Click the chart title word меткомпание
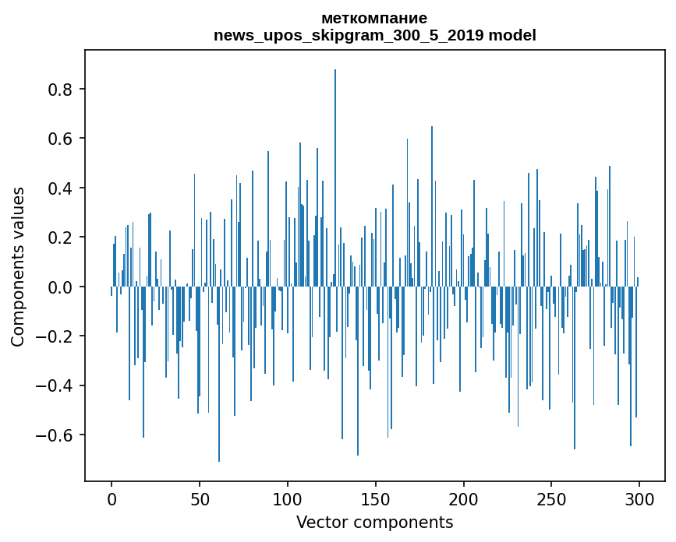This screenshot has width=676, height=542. [x=374, y=19]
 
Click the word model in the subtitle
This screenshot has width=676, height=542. [x=512, y=35]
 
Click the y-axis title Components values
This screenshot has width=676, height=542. [x=18, y=266]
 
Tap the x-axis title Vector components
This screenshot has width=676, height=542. [x=374, y=522]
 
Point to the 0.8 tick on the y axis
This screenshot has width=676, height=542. [x=61, y=90]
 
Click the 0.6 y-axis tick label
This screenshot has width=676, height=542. [x=61, y=139]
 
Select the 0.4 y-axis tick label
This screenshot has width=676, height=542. [x=61, y=188]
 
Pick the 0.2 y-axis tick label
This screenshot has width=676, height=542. [x=61, y=238]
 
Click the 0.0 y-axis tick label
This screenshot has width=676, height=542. [x=61, y=287]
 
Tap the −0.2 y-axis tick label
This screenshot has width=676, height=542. [x=55, y=336]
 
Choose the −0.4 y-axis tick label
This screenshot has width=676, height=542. [x=55, y=385]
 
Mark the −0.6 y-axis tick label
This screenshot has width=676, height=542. [x=55, y=435]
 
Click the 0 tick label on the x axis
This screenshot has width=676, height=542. [x=111, y=498]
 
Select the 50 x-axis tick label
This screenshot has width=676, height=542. [x=200, y=498]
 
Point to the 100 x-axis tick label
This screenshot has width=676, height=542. [x=288, y=498]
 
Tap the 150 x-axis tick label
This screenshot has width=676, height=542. [x=376, y=498]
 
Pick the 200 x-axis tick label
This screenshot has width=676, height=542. [x=464, y=498]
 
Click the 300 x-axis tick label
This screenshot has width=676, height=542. [x=639, y=498]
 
